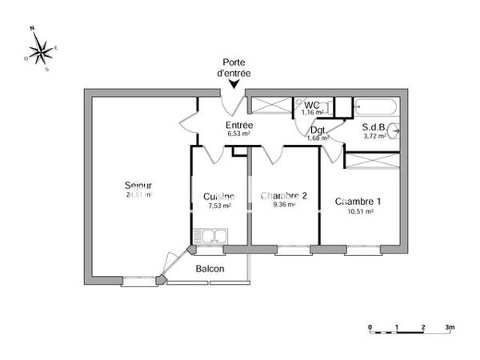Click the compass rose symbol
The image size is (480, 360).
pos(41,50)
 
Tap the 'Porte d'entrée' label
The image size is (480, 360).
pos(234,67)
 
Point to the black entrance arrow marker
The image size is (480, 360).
pos(233,83)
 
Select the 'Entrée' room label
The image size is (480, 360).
pos(238,125)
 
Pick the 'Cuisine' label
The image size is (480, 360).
pos(218,197)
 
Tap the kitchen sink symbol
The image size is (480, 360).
pos(214,236)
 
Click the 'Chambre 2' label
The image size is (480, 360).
pos(284,195)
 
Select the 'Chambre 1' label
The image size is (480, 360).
pos(358,201)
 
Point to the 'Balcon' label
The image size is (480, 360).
pos(210,269)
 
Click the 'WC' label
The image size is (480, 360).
pos(311,105)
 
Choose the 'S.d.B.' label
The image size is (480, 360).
pos(374,126)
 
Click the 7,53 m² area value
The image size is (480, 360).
pos(219,206)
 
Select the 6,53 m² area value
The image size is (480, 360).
pos(239,134)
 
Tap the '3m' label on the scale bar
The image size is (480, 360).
pos(451,327)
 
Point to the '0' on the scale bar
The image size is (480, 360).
pos(370,327)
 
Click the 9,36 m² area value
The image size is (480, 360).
pos(284,205)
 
